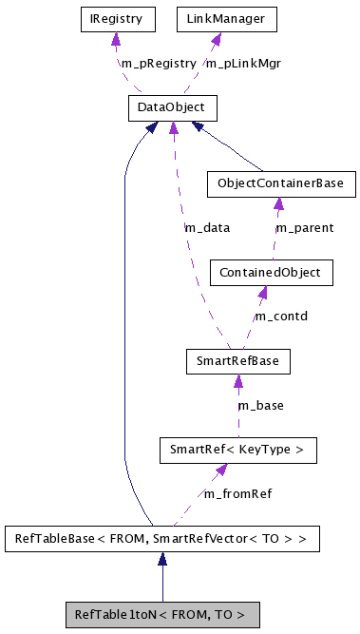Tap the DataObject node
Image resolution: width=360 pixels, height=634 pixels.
pos(172,108)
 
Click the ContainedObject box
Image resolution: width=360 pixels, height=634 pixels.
pos(272,274)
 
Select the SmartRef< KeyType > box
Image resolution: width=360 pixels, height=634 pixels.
pos(237,449)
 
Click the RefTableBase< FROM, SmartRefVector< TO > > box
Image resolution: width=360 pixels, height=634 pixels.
pos(161,540)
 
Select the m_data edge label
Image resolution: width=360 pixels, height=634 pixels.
pos(206,228)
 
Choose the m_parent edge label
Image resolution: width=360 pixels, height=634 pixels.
pos(305,228)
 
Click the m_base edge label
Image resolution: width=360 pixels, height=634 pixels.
pos(260,405)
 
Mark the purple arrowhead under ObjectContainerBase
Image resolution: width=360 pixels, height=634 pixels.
pos(278,202)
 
